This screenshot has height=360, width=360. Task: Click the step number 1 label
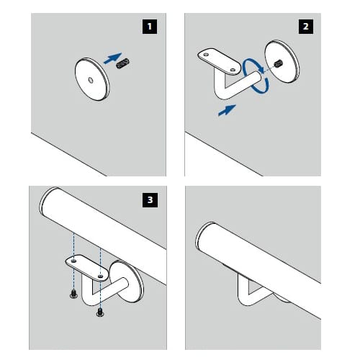(150, 27)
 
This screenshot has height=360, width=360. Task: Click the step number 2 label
(306, 27)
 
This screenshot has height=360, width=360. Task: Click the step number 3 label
(150, 200)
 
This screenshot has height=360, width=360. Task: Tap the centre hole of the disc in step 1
(91, 80)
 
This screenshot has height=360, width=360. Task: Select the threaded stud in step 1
(123, 63)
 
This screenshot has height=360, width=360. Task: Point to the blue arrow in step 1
(113, 58)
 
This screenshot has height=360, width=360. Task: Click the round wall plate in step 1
(92, 79)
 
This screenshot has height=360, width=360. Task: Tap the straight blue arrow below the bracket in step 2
(227, 110)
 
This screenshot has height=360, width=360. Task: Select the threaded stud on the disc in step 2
(278, 63)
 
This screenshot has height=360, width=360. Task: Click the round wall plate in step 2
(282, 61)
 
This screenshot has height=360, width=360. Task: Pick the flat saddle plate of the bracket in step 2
(219, 62)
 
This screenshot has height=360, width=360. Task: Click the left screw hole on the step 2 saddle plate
(206, 55)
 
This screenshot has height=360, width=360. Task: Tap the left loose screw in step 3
(73, 294)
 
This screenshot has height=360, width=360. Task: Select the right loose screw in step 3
(100, 312)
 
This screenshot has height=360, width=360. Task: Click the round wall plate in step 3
(127, 282)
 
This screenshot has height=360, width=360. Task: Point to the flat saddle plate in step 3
(87, 268)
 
